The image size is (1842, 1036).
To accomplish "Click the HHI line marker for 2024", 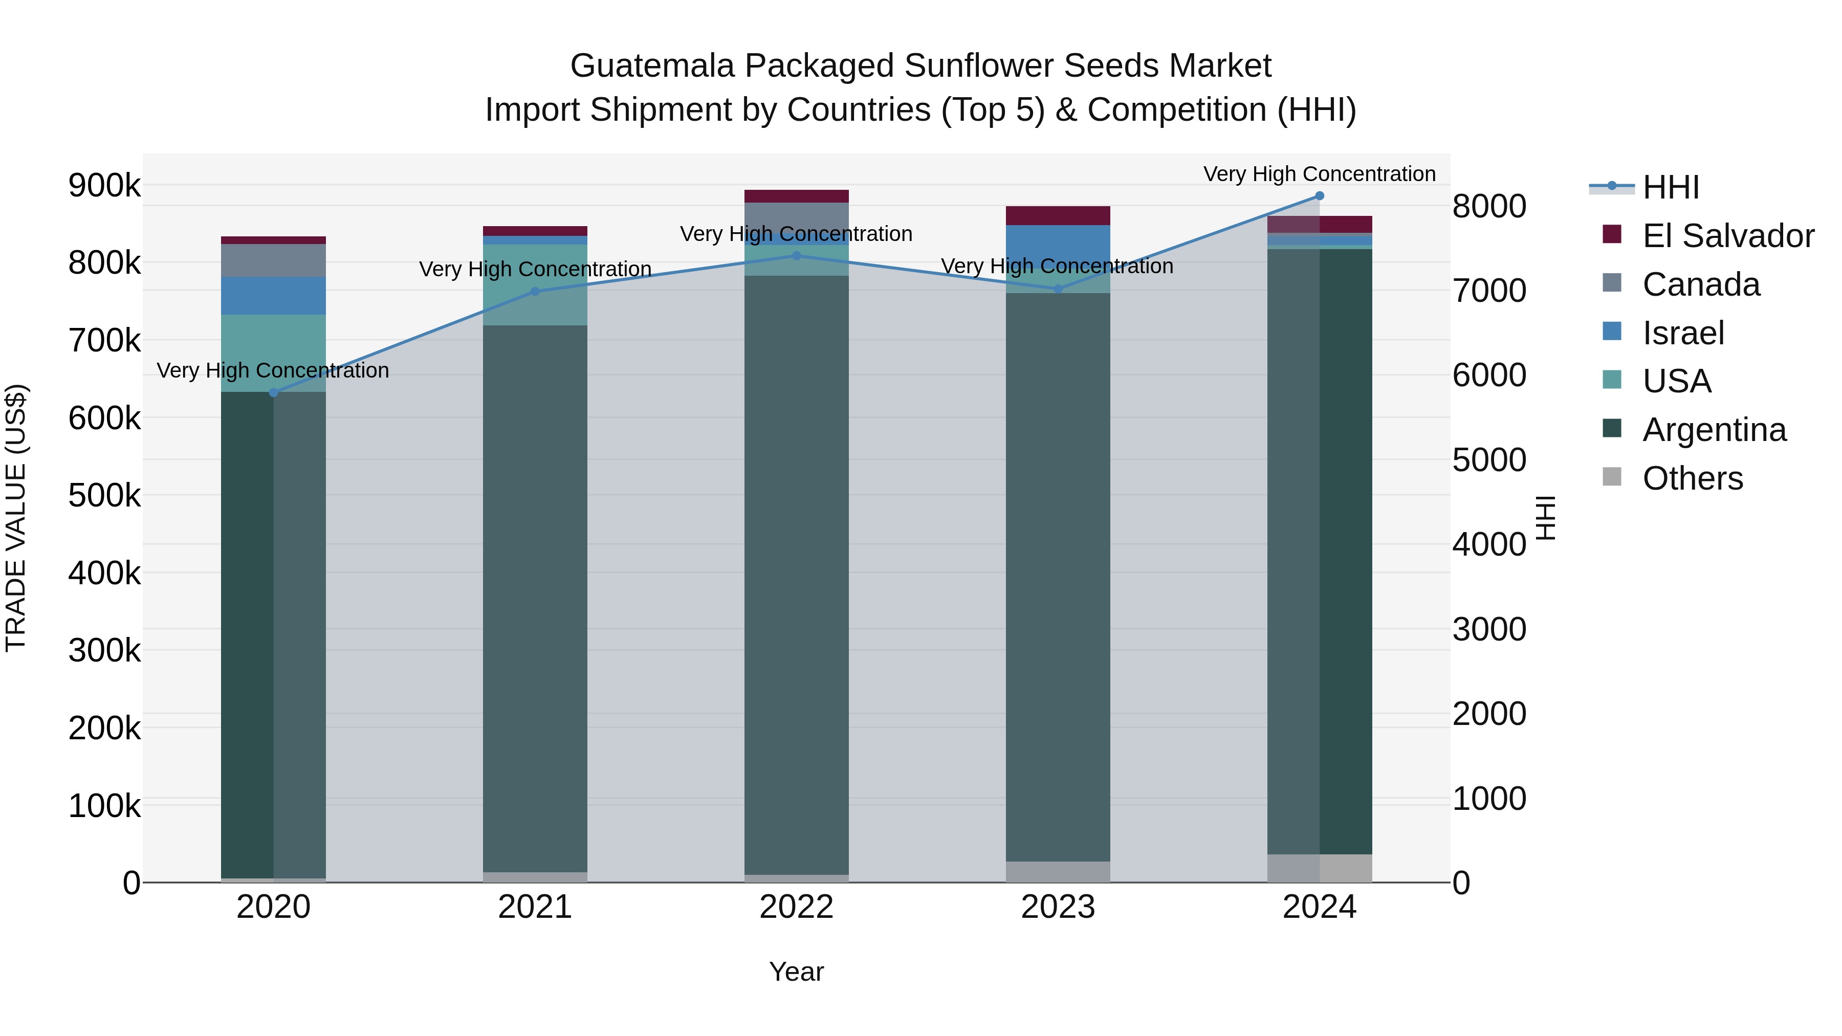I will pyautogui.click(x=1319, y=196).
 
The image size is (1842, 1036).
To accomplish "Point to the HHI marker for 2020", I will pyautogui.click(x=273, y=392).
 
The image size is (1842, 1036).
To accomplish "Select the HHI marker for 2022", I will pyautogui.click(x=797, y=256).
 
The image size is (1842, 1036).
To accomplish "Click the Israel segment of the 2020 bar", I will pyautogui.click(x=273, y=295).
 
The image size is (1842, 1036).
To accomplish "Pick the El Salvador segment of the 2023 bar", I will pyautogui.click(x=1058, y=215).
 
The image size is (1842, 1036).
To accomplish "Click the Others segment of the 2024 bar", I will pyautogui.click(x=1319, y=868).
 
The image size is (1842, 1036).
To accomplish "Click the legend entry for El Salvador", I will pyautogui.click(x=1727, y=236).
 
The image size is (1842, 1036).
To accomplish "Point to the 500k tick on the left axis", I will pyautogui.click(x=104, y=495).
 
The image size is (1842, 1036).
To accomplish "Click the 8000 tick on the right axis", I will pyautogui.click(x=1489, y=207).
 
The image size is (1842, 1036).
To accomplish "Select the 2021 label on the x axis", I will pyautogui.click(x=535, y=907).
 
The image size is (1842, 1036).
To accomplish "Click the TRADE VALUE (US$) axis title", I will pyautogui.click(x=16, y=518).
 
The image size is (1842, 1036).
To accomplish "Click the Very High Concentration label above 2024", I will pyautogui.click(x=1319, y=174).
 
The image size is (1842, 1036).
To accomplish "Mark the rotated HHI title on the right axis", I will pyautogui.click(x=1546, y=518).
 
